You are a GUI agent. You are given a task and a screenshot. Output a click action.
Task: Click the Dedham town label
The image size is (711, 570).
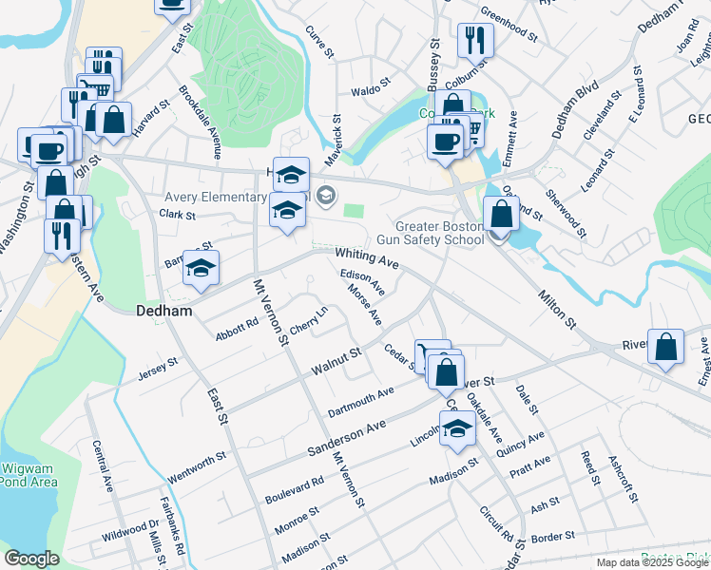(165, 311)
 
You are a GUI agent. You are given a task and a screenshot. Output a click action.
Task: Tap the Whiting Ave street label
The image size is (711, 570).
(366, 257)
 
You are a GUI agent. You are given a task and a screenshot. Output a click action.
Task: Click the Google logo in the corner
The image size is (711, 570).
(31, 559)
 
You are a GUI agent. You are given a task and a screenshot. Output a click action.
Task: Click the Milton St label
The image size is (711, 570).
(557, 309)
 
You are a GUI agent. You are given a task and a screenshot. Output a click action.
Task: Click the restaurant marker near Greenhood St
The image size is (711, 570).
(472, 41)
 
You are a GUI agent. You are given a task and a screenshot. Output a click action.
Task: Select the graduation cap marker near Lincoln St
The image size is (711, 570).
(457, 428)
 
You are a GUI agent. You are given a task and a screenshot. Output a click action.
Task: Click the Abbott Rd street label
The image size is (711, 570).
(237, 328)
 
